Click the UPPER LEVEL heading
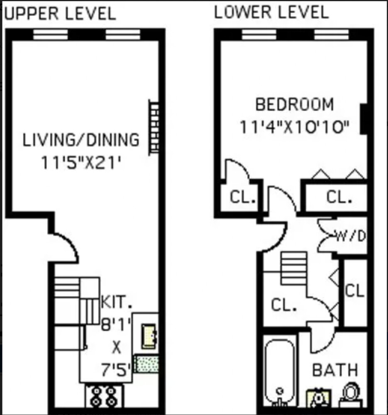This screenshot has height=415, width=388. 60,14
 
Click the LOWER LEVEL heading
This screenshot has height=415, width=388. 271,12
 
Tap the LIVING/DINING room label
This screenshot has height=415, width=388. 81,140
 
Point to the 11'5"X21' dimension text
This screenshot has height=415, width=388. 81,162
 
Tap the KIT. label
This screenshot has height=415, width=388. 117,302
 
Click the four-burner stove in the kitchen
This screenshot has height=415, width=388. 103,397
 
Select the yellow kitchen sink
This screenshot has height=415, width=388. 149,336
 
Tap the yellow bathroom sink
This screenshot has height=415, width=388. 318,398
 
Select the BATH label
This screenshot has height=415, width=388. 334,370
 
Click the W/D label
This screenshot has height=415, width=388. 351,237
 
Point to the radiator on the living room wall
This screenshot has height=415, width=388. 154,127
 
